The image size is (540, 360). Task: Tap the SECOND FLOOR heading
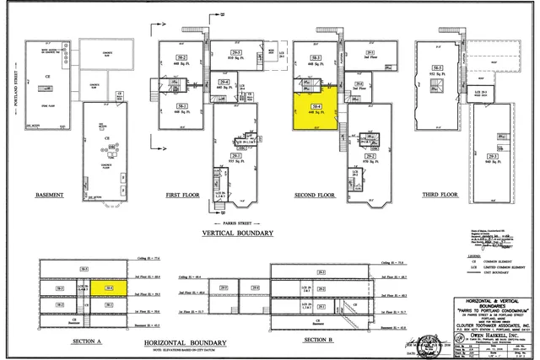click(x=316, y=195)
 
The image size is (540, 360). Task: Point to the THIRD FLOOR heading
click(x=440, y=195)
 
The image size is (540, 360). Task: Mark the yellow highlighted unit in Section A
click(x=111, y=288)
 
